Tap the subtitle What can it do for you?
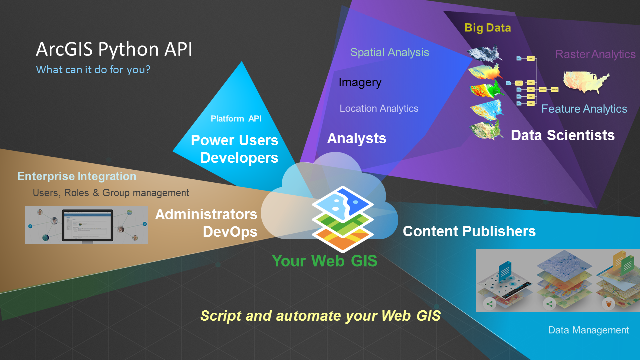(93, 70)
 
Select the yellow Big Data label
(487, 28)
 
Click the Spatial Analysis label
(389, 52)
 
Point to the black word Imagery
(360, 83)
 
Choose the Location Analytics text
(379, 109)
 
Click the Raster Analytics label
(595, 54)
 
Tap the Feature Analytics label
(584, 109)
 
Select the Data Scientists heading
(563, 135)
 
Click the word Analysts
(357, 138)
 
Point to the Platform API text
(236, 119)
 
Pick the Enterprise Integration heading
(77, 176)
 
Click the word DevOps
(230, 232)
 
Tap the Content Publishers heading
(469, 231)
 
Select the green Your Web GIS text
(325, 261)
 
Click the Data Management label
(588, 330)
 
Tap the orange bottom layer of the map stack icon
(343, 240)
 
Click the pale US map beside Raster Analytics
(586, 81)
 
